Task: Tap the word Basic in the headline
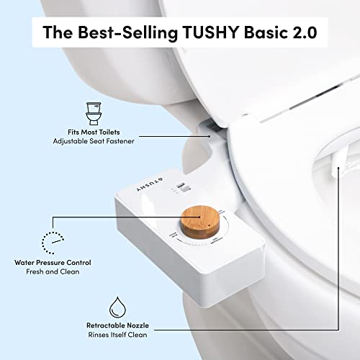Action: coord(271,33)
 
